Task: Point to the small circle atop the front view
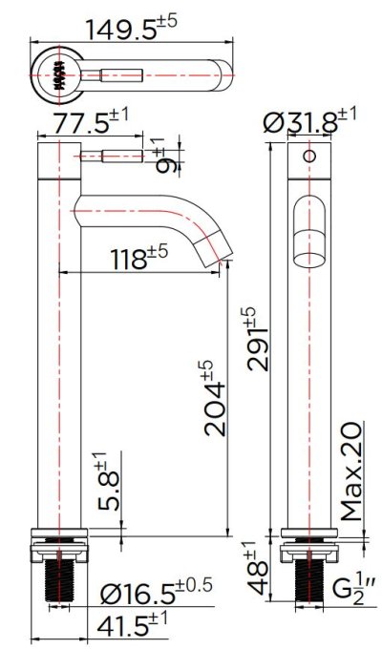(x=308, y=155)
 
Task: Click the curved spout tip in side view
(x=221, y=250)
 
